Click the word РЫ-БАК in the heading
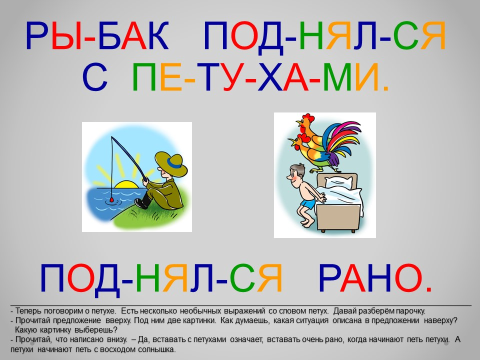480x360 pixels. coord(97,35)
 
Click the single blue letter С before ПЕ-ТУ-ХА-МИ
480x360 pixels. coord(95,77)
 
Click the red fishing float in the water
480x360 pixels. coord(111,199)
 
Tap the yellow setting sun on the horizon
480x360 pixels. coord(125,184)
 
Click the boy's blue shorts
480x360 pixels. coord(307,203)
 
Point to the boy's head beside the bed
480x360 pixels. coord(296,175)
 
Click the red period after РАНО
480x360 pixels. coord(428,289)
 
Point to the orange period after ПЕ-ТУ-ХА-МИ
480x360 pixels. coord(385,88)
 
